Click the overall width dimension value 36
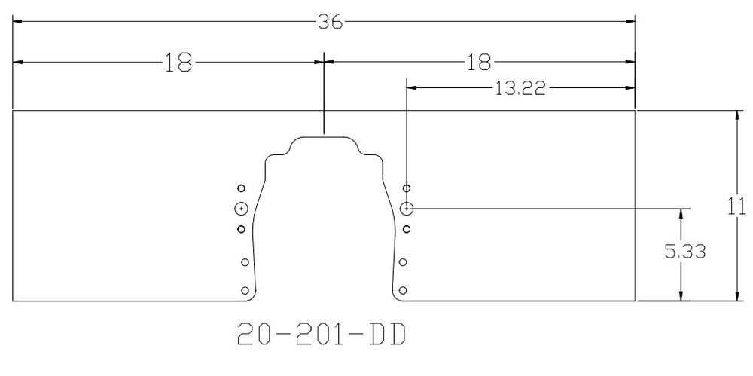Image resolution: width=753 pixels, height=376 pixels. [x=329, y=22]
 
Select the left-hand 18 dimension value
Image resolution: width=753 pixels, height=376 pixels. [x=178, y=62]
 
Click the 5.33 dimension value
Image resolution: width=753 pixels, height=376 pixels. [x=685, y=252]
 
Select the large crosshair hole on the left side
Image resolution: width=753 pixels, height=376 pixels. [x=241, y=209]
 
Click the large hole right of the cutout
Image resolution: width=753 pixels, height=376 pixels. [x=407, y=209]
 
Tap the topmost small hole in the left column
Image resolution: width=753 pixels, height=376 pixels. [x=241, y=188]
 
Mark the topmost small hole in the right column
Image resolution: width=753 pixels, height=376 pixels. [x=407, y=188]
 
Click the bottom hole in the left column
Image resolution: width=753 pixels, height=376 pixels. [x=244, y=289]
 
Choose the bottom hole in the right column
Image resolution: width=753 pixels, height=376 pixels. [x=404, y=289]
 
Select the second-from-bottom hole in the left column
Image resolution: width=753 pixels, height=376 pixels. [x=244, y=262]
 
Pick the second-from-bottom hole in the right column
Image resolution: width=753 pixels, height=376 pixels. [x=403, y=262]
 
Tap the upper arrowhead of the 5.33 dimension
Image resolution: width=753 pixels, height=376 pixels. [x=681, y=213]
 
